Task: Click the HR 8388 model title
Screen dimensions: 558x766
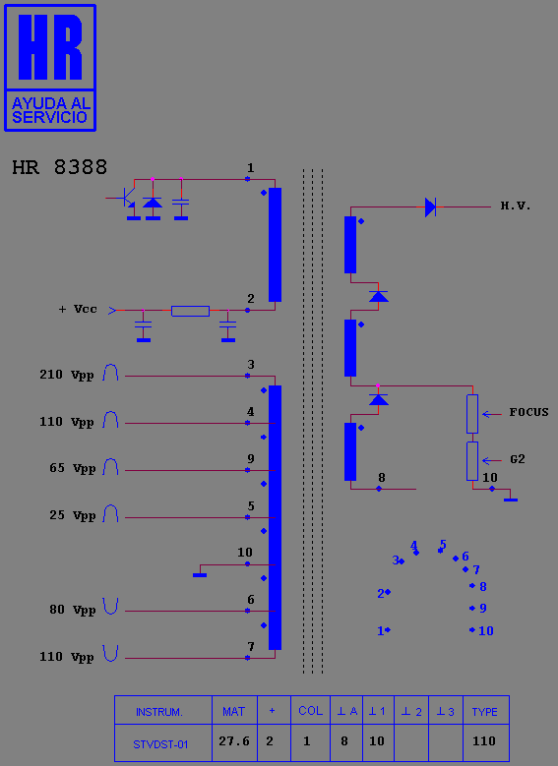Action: [59, 167]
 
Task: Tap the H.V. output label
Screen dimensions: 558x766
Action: [516, 206]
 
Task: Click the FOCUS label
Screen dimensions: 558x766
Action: [528, 412]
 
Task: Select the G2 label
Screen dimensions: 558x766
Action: [518, 459]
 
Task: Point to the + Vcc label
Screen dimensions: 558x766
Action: [78, 309]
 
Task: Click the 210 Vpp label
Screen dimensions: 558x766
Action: [67, 375]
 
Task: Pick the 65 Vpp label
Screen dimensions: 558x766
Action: [72, 468]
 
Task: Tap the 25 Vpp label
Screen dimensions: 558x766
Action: [72, 516]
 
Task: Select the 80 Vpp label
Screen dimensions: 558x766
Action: [72, 611]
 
